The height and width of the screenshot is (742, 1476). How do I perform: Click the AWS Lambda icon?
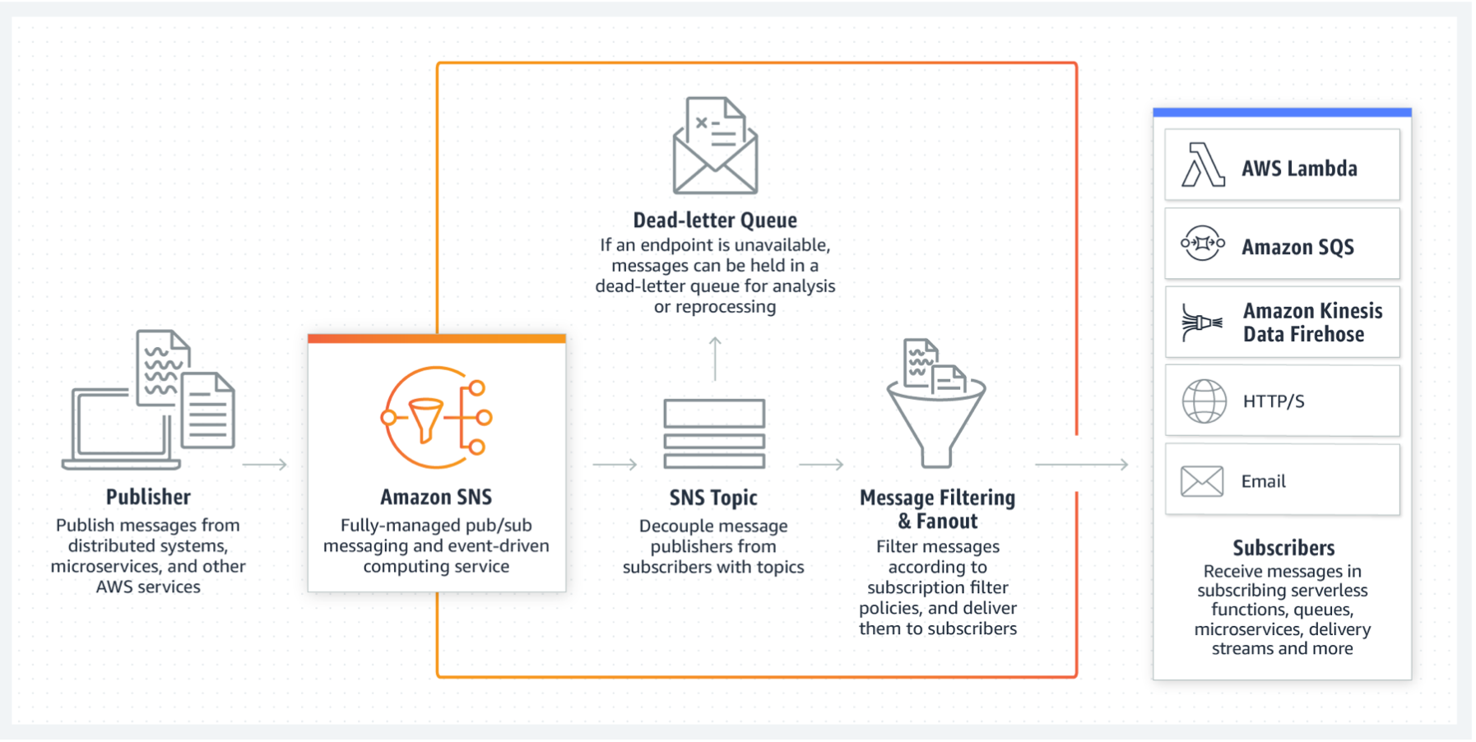[x=1203, y=165]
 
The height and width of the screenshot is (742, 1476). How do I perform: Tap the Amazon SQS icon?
[x=1203, y=243]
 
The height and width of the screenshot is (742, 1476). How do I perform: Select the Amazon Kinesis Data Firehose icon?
[x=1202, y=322]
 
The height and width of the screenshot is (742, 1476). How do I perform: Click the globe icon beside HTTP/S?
[x=1204, y=401]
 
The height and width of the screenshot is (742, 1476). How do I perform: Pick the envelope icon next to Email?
[x=1202, y=481]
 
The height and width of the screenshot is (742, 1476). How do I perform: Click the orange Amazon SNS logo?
[x=436, y=418]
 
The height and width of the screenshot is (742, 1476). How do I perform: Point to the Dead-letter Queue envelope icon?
[x=715, y=146]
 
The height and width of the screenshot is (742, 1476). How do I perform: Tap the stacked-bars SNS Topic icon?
[x=714, y=434]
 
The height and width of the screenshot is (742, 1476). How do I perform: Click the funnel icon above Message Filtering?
[x=936, y=403]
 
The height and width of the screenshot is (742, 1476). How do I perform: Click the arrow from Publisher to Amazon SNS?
[x=265, y=465]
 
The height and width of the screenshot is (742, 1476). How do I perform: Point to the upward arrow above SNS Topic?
[x=715, y=359]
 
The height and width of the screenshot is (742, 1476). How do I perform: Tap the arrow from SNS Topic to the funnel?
[x=821, y=465]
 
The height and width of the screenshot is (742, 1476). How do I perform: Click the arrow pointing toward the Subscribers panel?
[x=1081, y=465]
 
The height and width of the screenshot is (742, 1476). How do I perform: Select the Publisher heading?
[x=148, y=497]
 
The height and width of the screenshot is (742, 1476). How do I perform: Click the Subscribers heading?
[x=1283, y=548]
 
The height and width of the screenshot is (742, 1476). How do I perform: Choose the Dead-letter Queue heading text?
[x=715, y=220]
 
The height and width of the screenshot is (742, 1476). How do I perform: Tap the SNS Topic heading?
[x=713, y=498]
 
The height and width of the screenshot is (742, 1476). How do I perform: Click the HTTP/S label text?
[x=1274, y=401]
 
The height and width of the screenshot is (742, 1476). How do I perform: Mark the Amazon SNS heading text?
[x=436, y=497]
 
